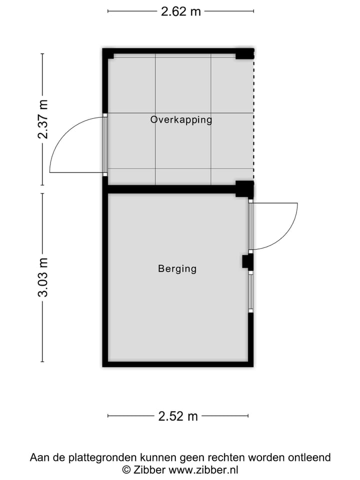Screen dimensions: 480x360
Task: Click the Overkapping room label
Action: [181, 120]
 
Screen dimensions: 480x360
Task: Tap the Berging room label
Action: [177, 269]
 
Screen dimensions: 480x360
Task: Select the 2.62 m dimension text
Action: [180, 11]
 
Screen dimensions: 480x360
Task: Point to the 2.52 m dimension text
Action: [178, 416]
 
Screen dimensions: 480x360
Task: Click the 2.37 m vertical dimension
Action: [44, 119]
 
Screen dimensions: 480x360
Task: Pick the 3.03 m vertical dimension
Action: [44, 277]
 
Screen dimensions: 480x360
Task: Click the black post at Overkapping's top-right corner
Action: [245, 53]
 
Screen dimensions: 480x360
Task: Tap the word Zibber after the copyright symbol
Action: [149, 469]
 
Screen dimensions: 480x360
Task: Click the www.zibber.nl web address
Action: [203, 469]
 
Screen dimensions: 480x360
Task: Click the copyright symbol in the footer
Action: [127, 469]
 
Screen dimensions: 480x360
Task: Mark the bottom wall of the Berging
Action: [177, 363]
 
